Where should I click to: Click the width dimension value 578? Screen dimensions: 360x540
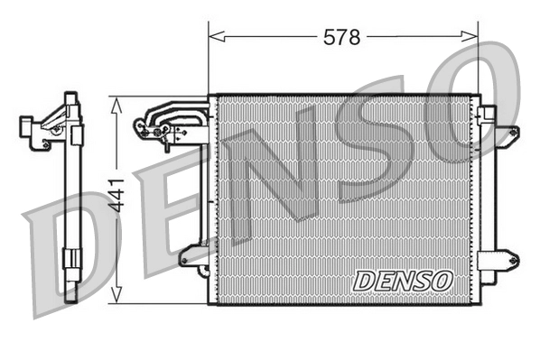(342, 37)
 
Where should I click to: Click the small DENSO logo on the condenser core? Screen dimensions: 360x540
(403, 281)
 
